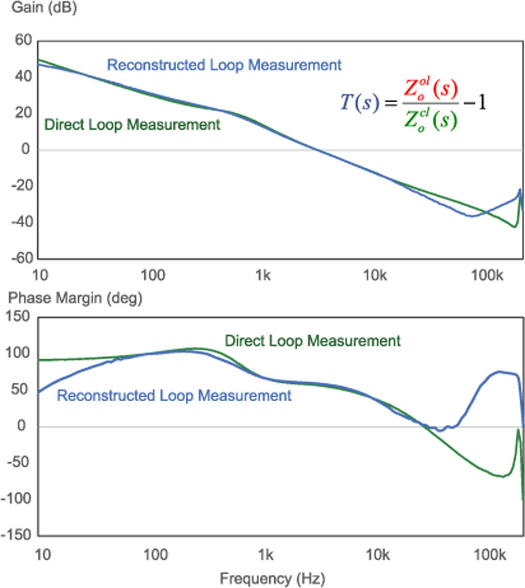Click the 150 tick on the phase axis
coord(20,317)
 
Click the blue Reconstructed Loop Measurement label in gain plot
coord(224,65)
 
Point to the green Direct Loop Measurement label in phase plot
coord(312,341)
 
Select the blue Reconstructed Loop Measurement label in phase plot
coord(174,395)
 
